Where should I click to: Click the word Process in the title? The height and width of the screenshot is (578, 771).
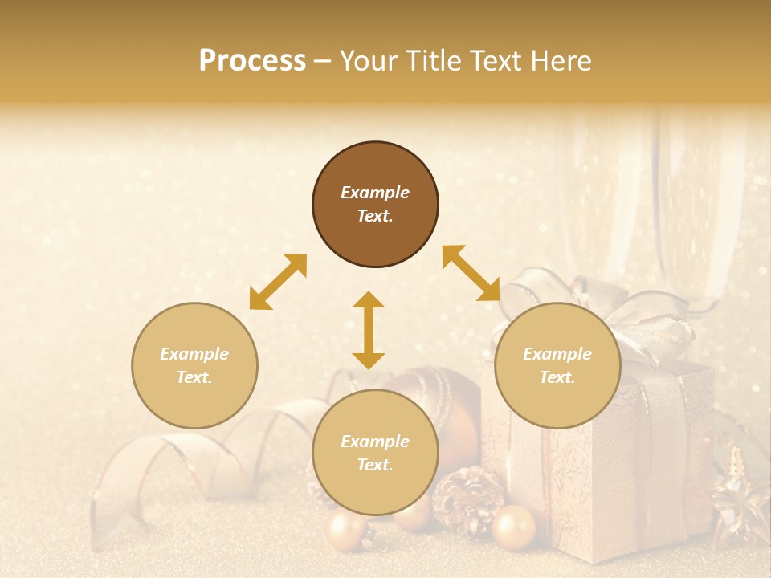point(252,61)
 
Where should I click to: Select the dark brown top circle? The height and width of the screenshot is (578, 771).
point(375,205)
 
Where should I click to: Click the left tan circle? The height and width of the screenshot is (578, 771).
point(194,365)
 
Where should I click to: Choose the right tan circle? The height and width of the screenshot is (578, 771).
point(557,365)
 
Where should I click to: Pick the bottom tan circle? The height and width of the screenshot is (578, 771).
point(375,453)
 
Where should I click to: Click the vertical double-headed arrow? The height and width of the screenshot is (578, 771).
point(369,330)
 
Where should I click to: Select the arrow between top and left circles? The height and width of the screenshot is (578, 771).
point(278,282)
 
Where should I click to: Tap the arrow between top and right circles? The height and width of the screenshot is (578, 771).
point(471,273)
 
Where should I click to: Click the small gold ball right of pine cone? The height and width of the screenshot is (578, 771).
point(513,527)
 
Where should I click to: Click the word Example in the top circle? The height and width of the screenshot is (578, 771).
point(375,193)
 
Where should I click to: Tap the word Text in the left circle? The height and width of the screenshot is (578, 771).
point(194,377)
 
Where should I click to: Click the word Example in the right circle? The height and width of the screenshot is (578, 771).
point(557,354)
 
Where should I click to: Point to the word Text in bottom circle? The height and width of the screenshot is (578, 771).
point(375,465)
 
